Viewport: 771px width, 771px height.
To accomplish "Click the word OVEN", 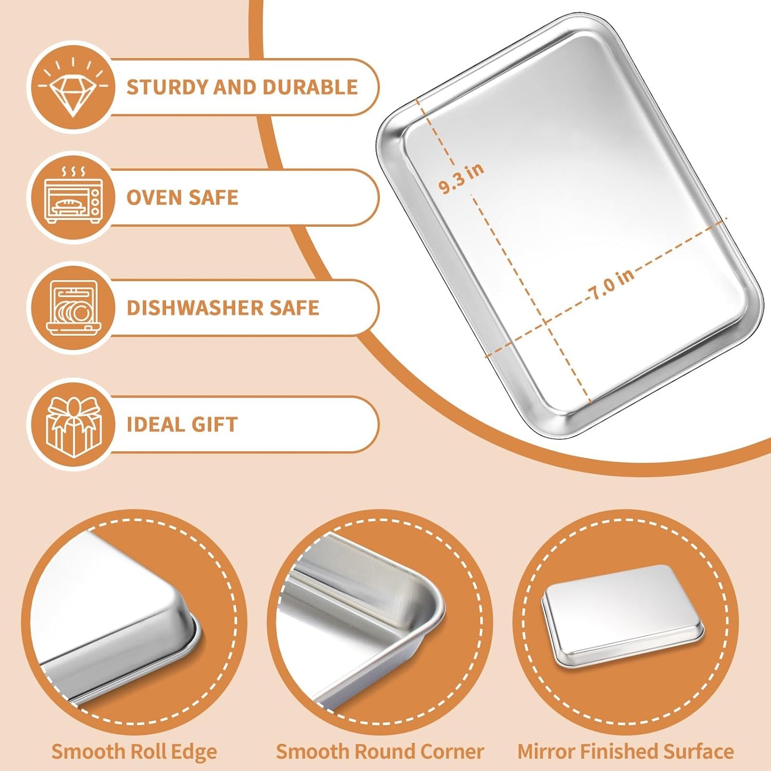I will click(x=152, y=198).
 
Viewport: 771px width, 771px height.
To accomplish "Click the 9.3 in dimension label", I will click(x=462, y=178).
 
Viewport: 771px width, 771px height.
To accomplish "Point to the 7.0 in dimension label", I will click(x=611, y=283).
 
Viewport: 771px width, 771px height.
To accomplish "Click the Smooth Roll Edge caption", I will click(x=134, y=751).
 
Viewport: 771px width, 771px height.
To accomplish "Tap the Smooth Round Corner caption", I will click(x=379, y=751).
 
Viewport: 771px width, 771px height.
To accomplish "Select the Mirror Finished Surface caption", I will click(x=625, y=751).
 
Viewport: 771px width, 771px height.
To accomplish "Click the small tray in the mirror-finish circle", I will click(x=622, y=615).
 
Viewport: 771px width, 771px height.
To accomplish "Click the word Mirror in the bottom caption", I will click(x=546, y=751).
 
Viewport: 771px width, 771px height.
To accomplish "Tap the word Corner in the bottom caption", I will click(x=452, y=751).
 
